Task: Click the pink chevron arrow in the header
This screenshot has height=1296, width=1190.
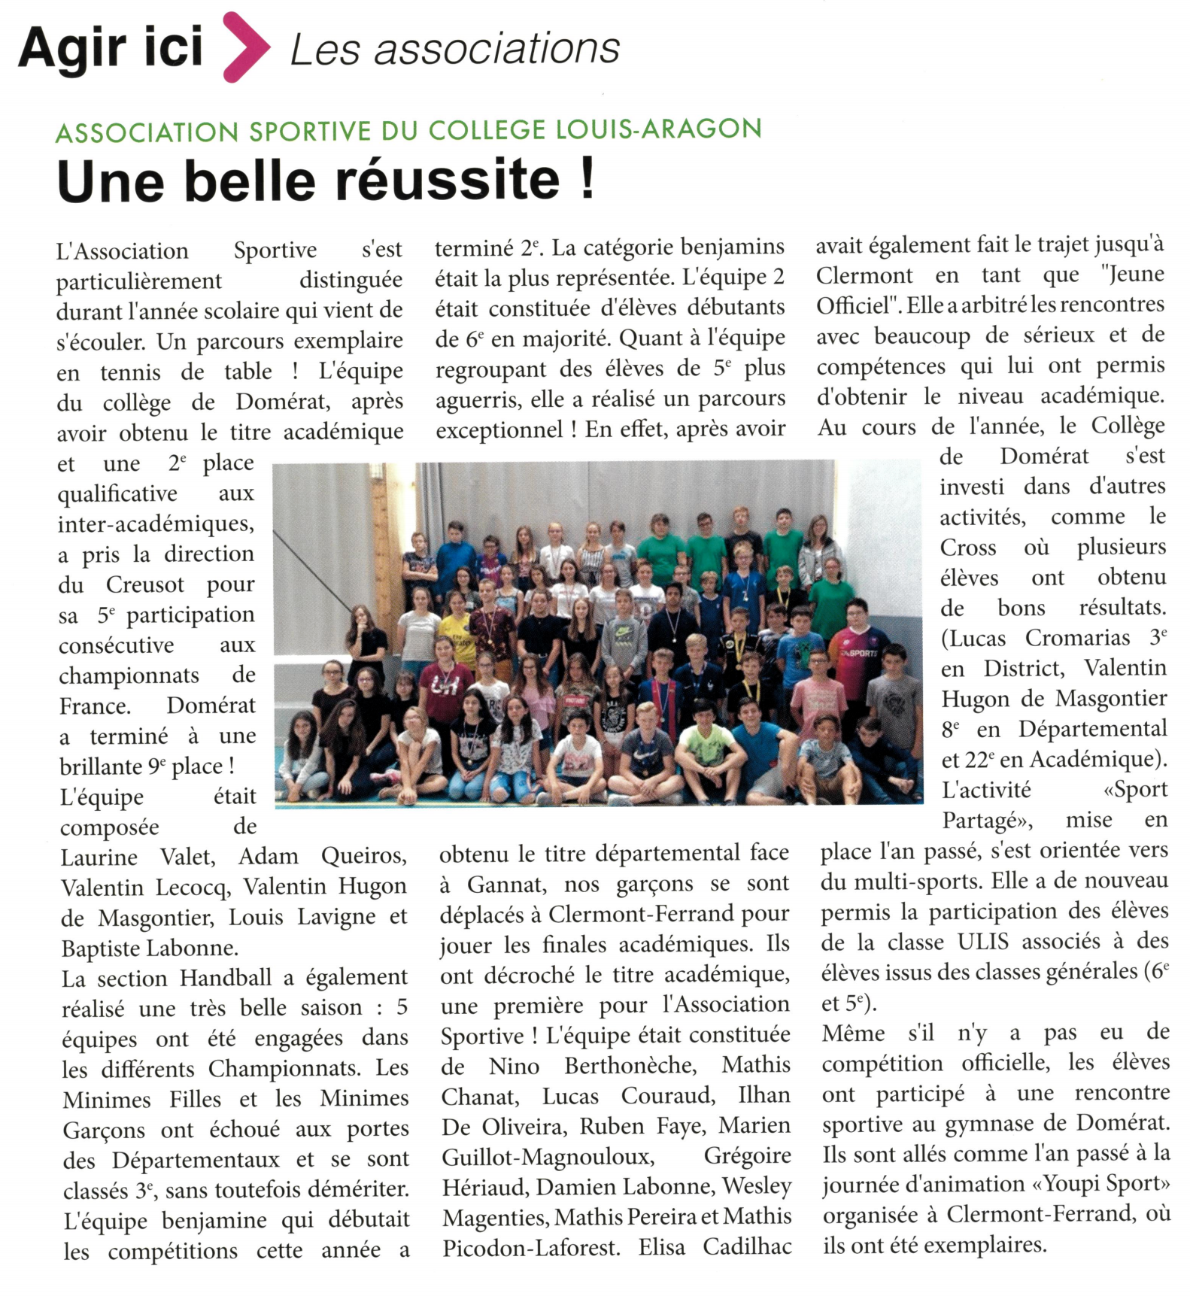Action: click(246, 47)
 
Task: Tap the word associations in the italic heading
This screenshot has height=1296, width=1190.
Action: click(496, 50)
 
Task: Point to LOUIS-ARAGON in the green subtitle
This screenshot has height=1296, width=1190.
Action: click(658, 129)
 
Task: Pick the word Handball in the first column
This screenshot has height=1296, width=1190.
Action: click(226, 978)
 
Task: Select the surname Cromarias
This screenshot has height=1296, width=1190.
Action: click(1077, 638)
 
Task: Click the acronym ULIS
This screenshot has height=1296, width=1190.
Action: click(984, 942)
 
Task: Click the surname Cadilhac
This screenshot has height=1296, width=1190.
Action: click(747, 1247)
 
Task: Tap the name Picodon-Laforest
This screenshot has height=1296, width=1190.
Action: click(531, 1248)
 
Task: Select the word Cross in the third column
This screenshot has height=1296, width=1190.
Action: click(968, 548)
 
